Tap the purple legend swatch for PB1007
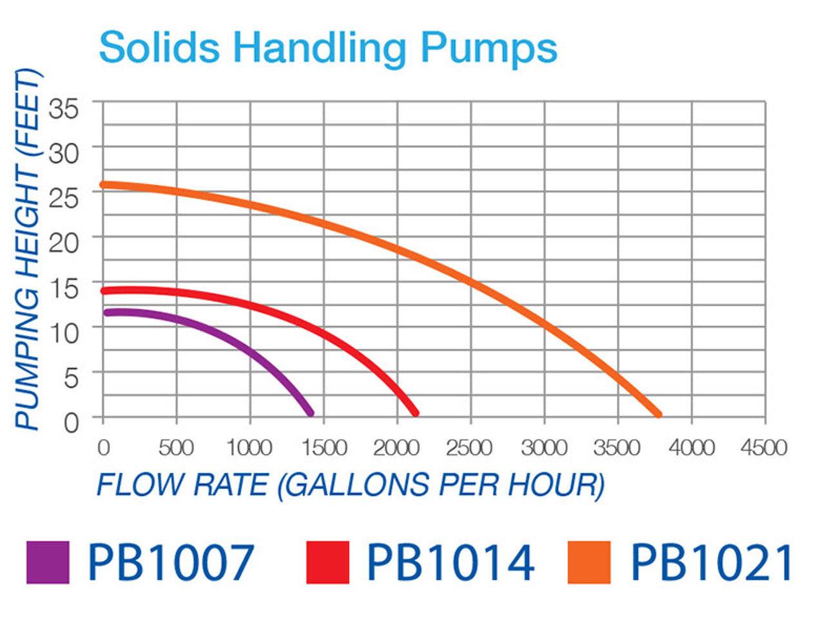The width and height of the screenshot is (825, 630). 48,562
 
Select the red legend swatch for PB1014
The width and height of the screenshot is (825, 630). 327,562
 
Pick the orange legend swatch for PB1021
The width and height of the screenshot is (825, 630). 588,562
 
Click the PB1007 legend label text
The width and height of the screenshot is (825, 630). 171,562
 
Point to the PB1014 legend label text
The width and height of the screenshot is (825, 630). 450,562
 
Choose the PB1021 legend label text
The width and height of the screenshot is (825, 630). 711,562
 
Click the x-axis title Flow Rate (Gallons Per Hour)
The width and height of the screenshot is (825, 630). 350,484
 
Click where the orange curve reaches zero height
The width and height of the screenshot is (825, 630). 657,414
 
